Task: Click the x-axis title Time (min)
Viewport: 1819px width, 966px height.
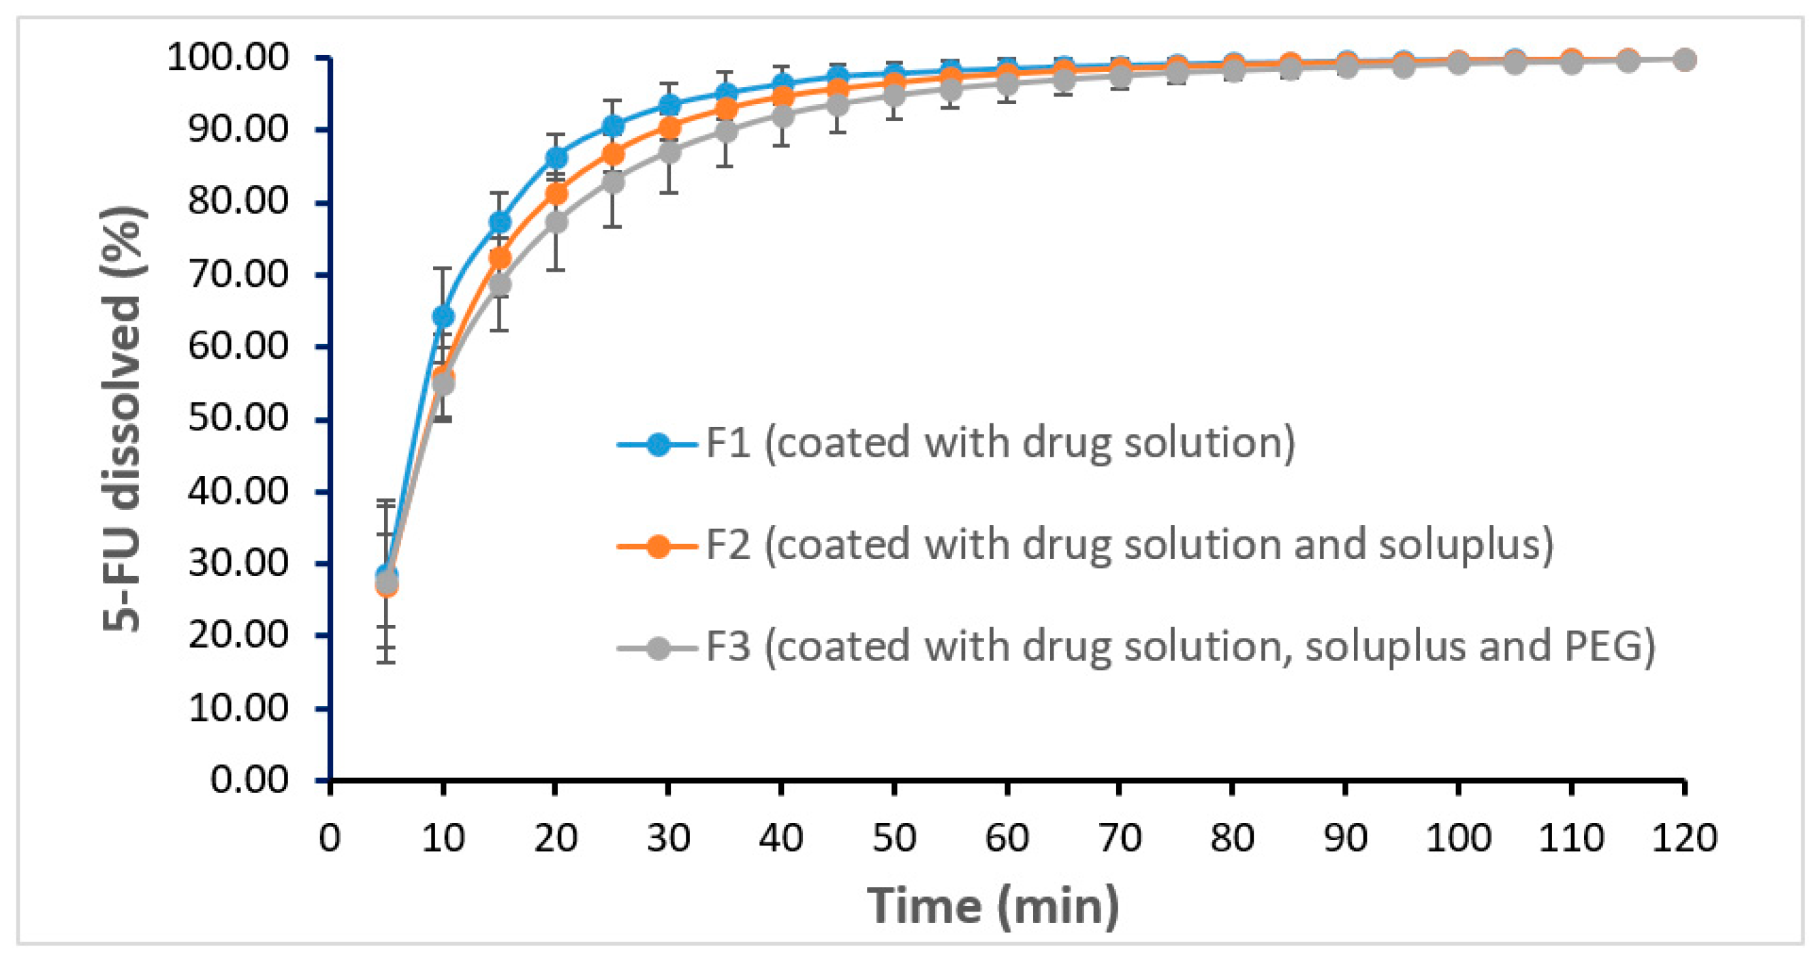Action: [x=993, y=905]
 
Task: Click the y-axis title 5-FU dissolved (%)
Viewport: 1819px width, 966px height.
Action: [x=123, y=419]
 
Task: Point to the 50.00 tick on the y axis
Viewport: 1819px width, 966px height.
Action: [x=238, y=419]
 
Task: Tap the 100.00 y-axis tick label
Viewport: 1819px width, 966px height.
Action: [x=228, y=57]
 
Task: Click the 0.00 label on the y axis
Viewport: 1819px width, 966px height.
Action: [x=249, y=779]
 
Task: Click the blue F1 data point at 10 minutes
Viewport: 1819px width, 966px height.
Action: [x=443, y=315]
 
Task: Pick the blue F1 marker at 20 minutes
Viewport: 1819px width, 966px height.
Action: [x=556, y=157]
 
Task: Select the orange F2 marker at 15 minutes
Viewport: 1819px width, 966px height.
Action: [x=499, y=258]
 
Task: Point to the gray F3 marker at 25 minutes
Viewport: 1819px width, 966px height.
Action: [x=612, y=182]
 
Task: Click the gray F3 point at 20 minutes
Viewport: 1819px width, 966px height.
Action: [x=556, y=223]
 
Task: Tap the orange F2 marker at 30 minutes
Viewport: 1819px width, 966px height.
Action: [x=669, y=128]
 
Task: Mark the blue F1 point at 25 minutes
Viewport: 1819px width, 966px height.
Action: [x=612, y=127]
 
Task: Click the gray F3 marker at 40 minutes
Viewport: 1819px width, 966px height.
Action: [x=782, y=116]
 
